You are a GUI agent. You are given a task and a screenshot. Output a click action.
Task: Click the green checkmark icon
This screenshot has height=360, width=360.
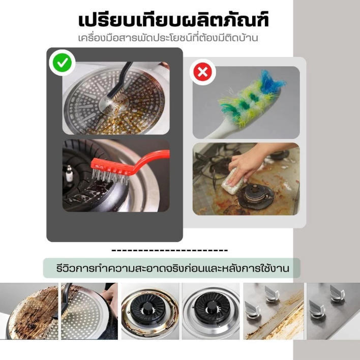pyautogui.click(x=62, y=63)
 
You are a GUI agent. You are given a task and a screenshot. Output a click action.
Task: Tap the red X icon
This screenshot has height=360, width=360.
pyautogui.click(x=203, y=72)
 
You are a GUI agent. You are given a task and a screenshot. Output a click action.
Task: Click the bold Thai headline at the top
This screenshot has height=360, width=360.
pyautogui.click(x=173, y=20)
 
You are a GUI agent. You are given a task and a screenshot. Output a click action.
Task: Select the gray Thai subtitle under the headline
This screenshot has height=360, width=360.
pyautogui.click(x=168, y=38)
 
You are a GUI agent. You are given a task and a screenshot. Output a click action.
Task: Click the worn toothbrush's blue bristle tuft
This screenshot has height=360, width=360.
pyautogui.click(x=272, y=82)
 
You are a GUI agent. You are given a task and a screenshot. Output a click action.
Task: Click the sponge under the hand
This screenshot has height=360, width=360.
pyautogui.click(x=232, y=182)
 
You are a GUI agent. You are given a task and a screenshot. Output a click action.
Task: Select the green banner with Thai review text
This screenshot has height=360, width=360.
pyautogui.click(x=172, y=268)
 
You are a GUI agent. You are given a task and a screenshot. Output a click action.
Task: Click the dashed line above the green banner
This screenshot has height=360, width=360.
pyautogui.click(x=169, y=250)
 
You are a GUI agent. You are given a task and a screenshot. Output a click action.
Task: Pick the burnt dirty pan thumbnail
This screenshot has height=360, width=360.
pyautogui.click(x=29, y=311)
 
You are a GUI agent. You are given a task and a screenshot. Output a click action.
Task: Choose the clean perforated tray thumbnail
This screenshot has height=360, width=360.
pyautogui.click(x=89, y=311)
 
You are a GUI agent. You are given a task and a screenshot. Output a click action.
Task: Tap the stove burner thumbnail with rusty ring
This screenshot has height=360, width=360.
pyautogui.click(x=150, y=311)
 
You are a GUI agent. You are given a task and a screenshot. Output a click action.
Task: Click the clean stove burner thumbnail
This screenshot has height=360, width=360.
pyautogui.click(x=211, y=311)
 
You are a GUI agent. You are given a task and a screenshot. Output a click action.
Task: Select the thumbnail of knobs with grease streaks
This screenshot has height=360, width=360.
pyautogui.click(x=274, y=311)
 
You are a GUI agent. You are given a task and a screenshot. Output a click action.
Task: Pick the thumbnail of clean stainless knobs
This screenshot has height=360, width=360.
pyautogui.click(x=334, y=311)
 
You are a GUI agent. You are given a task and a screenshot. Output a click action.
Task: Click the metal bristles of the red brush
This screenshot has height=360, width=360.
pyautogui.click(x=110, y=176)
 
